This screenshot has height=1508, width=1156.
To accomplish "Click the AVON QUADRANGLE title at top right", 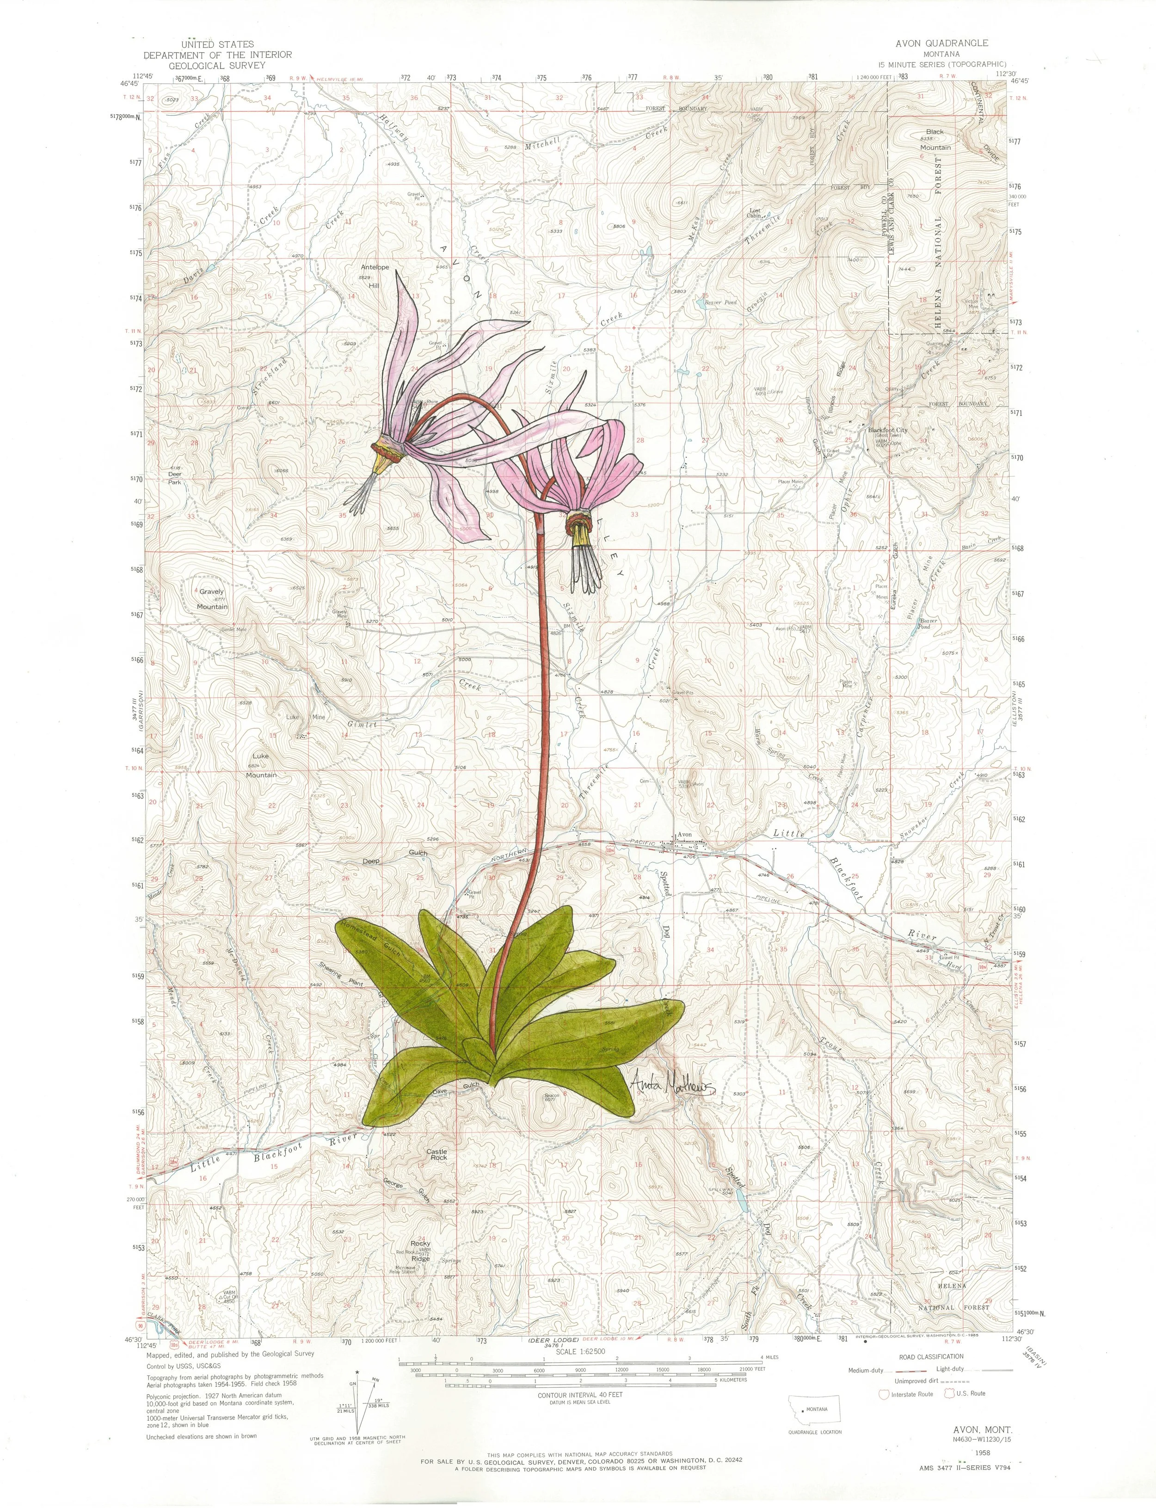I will point(941,43).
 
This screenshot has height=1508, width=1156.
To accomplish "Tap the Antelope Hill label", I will point(375,276).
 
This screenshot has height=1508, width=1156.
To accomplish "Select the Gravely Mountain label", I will point(212,599).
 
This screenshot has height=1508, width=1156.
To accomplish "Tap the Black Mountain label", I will point(935,139).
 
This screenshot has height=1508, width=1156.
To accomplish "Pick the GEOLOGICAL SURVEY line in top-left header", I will point(217,65).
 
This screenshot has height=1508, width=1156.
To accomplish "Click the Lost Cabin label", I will point(755,213).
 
